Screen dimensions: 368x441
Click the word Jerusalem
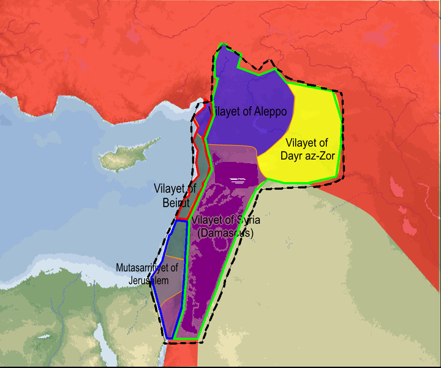pyautogui.click(x=149, y=280)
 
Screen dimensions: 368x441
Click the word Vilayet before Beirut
pyautogui.click(x=175, y=188)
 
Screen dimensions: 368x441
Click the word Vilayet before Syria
pyautogui.click(x=206, y=221)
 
